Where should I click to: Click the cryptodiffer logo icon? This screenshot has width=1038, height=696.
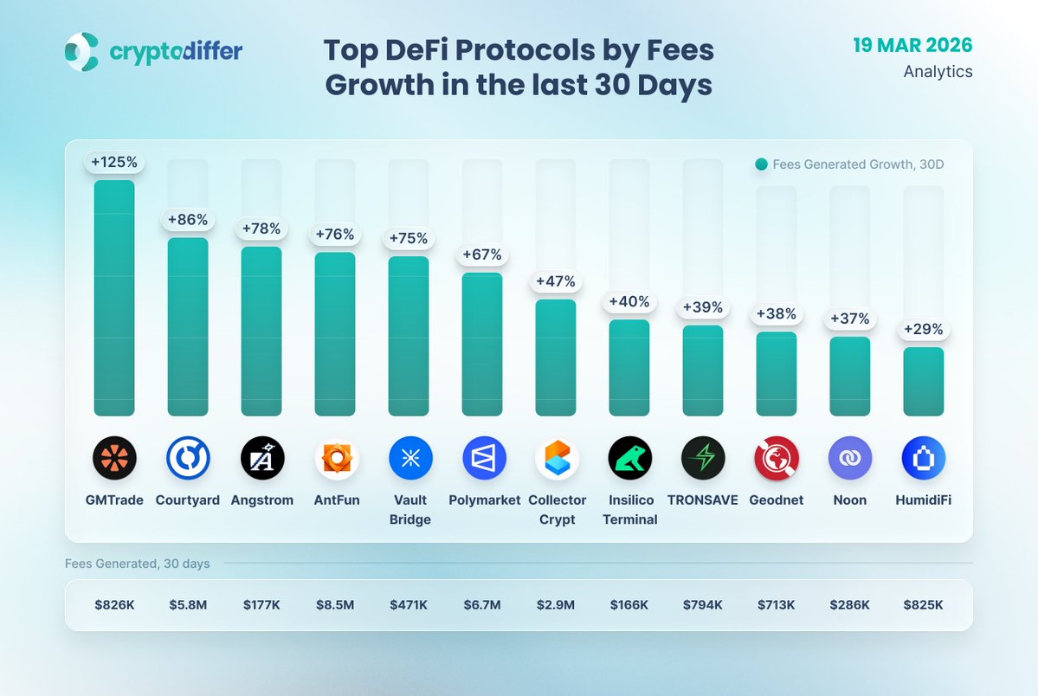[x=82, y=51]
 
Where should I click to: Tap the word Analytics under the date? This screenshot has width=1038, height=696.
[x=938, y=72]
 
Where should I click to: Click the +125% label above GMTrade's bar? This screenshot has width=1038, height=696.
[x=114, y=162]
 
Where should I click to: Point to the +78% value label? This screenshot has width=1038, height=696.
[x=261, y=229]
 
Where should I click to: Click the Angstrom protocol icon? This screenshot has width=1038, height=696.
[x=261, y=458]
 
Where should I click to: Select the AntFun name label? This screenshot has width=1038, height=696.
[x=337, y=500]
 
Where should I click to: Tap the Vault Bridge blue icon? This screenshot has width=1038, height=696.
[x=410, y=458]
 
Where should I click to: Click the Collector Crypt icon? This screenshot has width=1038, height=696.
[x=557, y=458]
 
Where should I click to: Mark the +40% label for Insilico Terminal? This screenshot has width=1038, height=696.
[x=629, y=302]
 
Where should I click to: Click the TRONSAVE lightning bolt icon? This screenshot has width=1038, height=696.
[x=703, y=458]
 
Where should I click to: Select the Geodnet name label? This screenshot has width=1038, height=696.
[x=777, y=500]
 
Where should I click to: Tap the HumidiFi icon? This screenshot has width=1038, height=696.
[x=923, y=458]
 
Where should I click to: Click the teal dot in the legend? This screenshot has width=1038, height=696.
[x=761, y=164]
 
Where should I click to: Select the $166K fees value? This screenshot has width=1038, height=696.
[x=629, y=605]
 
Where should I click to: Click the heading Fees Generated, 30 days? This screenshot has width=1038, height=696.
[x=138, y=564]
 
